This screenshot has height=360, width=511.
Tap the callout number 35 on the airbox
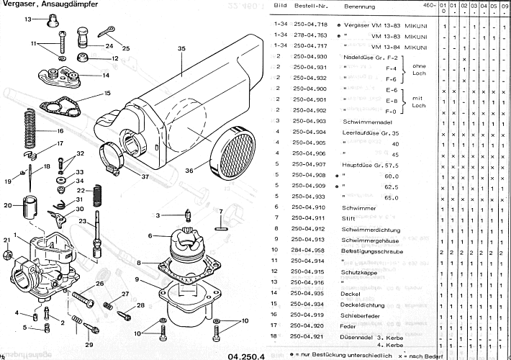point(181,49)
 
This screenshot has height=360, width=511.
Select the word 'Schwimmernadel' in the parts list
point(365,120)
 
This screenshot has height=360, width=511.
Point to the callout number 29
point(89,345)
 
